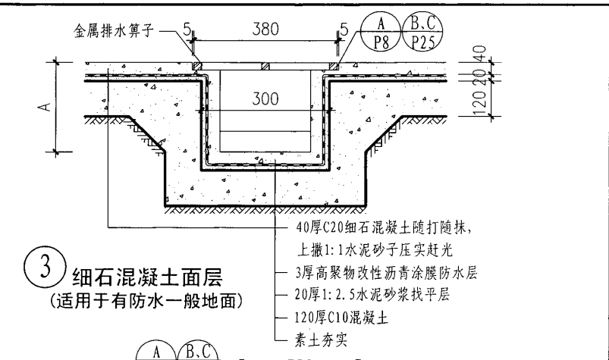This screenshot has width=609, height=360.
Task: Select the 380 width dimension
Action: (265, 29)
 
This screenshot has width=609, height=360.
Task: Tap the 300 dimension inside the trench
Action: (265, 99)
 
